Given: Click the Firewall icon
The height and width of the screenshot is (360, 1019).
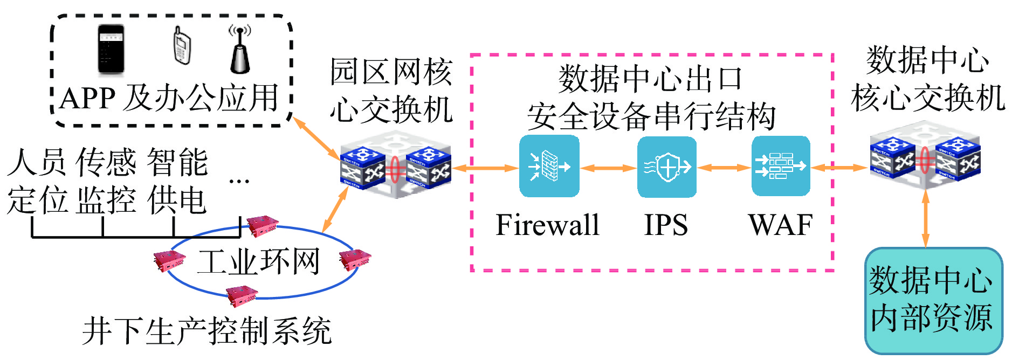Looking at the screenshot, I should [x=549, y=166].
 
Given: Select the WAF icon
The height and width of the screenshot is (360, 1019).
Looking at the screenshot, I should [x=781, y=166].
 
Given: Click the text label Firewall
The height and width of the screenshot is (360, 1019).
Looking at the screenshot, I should [x=547, y=225].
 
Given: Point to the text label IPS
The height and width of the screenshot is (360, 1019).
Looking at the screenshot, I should [x=666, y=225].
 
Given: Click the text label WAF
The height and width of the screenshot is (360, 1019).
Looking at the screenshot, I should [x=780, y=225].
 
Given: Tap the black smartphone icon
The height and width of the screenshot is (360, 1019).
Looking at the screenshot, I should [x=111, y=50].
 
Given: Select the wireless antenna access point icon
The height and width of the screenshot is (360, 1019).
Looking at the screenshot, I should [x=240, y=50].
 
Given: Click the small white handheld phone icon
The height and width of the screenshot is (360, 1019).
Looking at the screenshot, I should [x=182, y=46].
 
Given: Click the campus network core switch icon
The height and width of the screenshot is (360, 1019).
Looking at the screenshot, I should [x=395, y=166].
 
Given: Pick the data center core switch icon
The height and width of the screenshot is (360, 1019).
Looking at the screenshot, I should [x=925, y=156].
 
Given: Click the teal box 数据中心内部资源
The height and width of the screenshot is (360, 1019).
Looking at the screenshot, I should [x=933, y=300].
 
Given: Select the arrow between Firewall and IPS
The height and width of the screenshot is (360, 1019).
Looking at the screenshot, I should [x=608, y=168].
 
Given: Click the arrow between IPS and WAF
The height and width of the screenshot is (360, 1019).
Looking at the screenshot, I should [x=724, y=168].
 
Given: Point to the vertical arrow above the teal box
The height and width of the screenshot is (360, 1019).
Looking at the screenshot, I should [x=926, y=218].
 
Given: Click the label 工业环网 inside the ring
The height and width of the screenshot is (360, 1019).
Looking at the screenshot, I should [x=259, y=262].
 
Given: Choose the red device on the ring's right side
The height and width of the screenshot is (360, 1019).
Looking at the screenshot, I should [x=355, y=259].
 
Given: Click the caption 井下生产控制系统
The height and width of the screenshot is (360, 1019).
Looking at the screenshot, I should [x=206, y=331].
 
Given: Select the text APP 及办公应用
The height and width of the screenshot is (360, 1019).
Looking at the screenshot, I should [x=169, y=99].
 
